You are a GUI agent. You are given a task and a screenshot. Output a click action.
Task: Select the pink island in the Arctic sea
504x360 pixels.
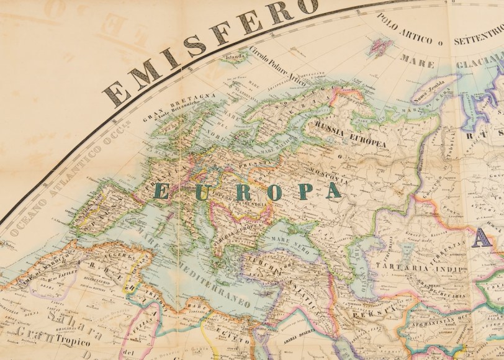click(x=379, y=45)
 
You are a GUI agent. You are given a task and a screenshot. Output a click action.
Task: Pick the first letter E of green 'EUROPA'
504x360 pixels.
click(x=160, y=191)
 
